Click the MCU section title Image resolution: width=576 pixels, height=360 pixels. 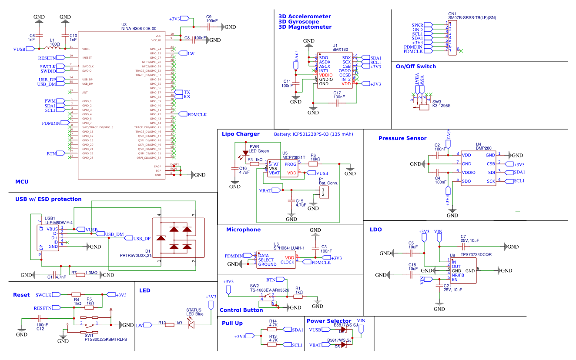(22, 181)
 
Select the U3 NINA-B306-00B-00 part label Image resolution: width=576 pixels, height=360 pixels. (138, 27)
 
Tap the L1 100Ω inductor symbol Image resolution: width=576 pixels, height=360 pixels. (54, 48)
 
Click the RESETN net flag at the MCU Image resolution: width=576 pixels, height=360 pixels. (47, 57)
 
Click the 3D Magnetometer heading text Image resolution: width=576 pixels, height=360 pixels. (305, 27)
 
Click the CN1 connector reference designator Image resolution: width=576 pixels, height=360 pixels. (452, 14)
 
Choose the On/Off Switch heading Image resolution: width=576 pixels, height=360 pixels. (415, 67)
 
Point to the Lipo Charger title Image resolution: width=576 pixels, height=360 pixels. (241, 134)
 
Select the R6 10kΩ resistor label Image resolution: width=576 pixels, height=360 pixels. (315, 157)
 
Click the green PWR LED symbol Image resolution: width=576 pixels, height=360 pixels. (245, 153)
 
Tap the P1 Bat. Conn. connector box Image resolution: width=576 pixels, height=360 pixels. (323, 193)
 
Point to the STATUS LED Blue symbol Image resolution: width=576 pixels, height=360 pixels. (191, 324)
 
